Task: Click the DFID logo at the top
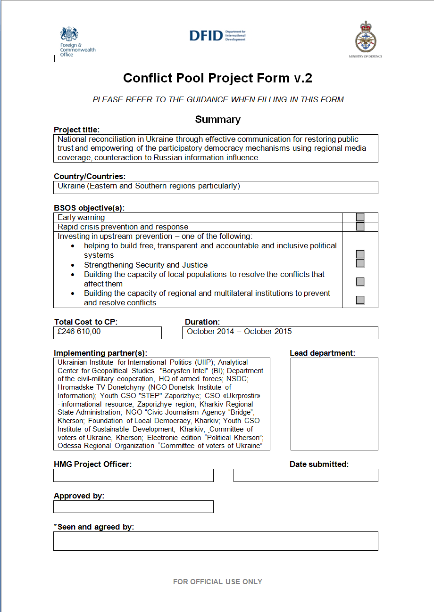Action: [x=217, y=35]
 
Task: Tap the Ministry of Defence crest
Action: [x=366, y=39]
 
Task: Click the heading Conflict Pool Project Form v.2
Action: [x=217, y=78]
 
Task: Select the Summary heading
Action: [x=217, y=120]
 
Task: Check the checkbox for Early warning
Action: [x=360, y=217]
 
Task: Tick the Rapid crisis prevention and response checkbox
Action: [x=360, y=227]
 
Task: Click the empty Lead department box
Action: [x=334, y=404]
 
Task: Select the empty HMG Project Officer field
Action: [x=134, y=475]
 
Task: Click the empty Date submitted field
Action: [x=306, y=475]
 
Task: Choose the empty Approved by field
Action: [x=134, y=506]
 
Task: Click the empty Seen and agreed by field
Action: [x=216, y=541]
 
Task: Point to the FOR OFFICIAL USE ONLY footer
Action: [x=217, y=582]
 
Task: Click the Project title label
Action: [x=77, y=130]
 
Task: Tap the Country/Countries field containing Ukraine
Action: [x=216, y=187]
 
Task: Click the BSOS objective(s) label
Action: [x=89, y=208]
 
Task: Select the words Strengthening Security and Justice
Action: [x=146, y=265]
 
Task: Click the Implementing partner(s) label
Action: [x=100, y=353]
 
